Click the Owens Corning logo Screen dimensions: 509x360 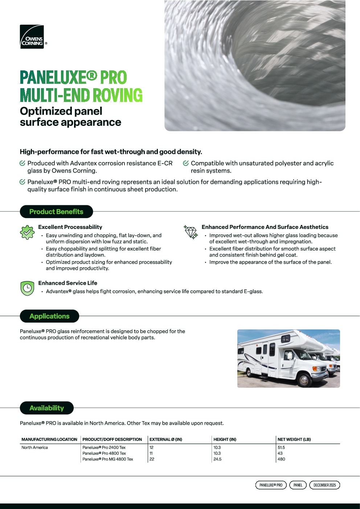[x=32, y=37]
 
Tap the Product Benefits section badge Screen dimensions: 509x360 [x=56, y=212]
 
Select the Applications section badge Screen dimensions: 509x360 [x=49, y=316]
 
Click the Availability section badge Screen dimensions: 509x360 [x=46, y=408]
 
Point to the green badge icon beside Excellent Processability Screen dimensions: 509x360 [x=27, y=232]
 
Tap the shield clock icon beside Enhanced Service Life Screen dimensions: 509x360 [x=27, y=288]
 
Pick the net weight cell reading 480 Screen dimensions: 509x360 [x=281, y=459]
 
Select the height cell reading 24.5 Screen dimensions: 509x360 [x=217, y=459]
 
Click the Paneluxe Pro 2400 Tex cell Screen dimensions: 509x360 [x=104, y=447]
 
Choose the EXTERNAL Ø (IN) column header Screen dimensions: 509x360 [x=166, y=439]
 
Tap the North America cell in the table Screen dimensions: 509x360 [x=35, y=447]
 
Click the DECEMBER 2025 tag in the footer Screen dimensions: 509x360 [x=324, y=485]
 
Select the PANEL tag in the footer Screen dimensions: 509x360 [x=298, y=485]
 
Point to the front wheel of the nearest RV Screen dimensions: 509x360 [x=303, y=380]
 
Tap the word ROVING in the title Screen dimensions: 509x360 [x=118, y=95]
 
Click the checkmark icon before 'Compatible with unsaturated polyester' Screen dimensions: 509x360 [x=186, y=163]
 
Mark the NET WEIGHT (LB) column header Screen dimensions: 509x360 [x=294, y=439]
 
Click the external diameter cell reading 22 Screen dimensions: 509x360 [x=152, y=459]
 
